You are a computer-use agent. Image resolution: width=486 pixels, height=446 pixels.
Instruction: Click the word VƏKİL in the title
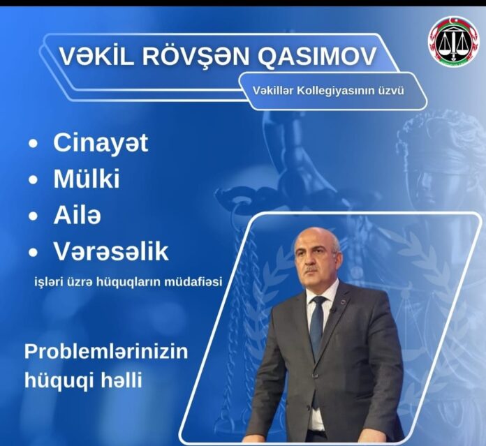[96, 56]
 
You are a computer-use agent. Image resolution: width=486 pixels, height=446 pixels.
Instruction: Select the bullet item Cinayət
[101, 143]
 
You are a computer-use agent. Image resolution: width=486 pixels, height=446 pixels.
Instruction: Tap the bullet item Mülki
[87, 179]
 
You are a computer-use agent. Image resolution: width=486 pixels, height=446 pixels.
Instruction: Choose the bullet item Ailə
[78, 214]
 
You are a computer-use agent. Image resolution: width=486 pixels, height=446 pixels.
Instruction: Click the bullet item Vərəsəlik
[111, 251]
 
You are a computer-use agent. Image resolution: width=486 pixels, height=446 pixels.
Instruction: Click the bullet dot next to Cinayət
[33, 144]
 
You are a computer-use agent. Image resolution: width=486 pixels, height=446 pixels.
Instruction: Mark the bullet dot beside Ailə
[33, 216]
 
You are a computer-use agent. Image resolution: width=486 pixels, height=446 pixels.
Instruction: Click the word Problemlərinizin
[106, 352]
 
